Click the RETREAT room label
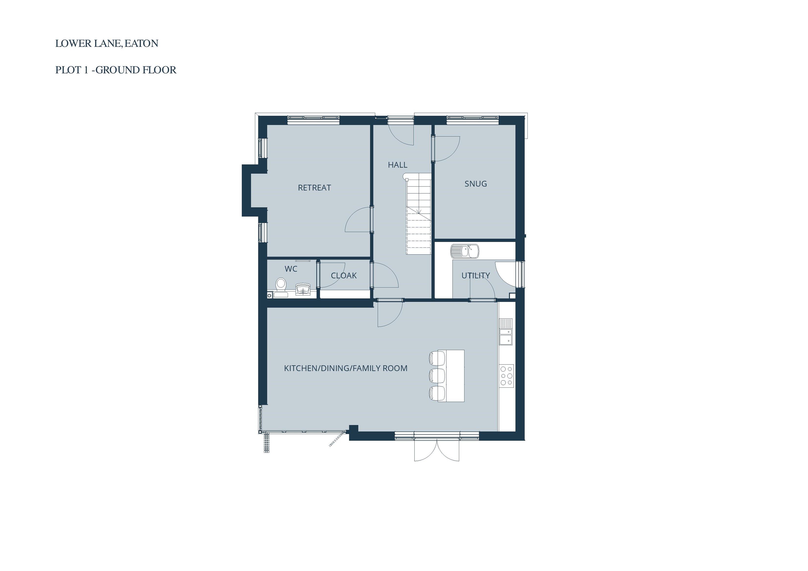pyautogui.click(x=314, y=188)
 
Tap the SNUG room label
pyautogui.click(x=475, y=184)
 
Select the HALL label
pyautogui.click(x=397, y=165)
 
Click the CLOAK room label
pyautogui.click(x=344, y=276)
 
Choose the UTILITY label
pyautogui.click(x=475, y=276)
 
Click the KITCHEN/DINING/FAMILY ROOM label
pyautogui.click(x=345, y=368)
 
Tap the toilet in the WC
pyautogui.click(x=281, y=285)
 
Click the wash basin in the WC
pyautogui.click(x=303, y=289)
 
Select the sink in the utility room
pyautogui.click(x=464, y=251)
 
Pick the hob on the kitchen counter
pyautogui.click(x=506, y=376)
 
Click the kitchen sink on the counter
pyautogui.click(x=506, y=332)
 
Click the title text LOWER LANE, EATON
pyautogui.click(x=107, y=43)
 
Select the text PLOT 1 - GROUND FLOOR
pyautogui.click(x=116, y=70)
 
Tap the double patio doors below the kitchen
pyautogui.click(x=437, y=450)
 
